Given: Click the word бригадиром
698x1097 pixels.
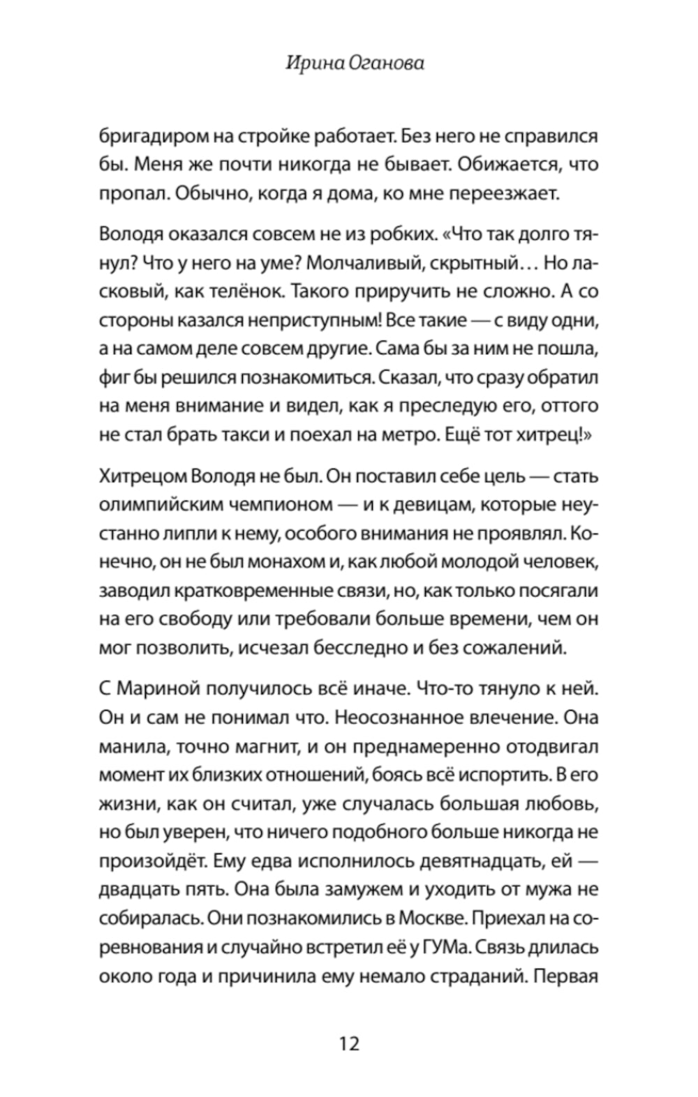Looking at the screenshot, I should click(147, 136).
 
